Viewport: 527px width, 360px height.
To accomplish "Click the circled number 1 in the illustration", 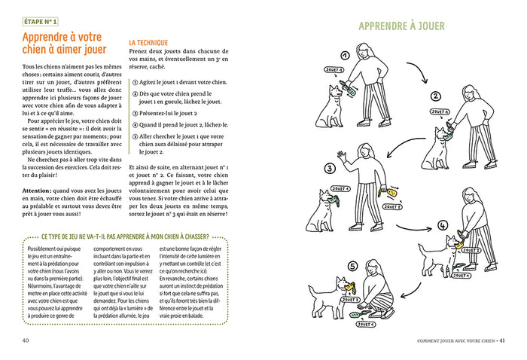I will tap(345, 56).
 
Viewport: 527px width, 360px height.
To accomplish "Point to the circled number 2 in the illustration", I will tap(434, 96).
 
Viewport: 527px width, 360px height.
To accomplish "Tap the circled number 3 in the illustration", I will tap(329, 168).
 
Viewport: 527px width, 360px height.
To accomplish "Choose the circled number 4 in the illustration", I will tap(442, 224).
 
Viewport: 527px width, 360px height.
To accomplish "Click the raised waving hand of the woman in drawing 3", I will tap(342, 157).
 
